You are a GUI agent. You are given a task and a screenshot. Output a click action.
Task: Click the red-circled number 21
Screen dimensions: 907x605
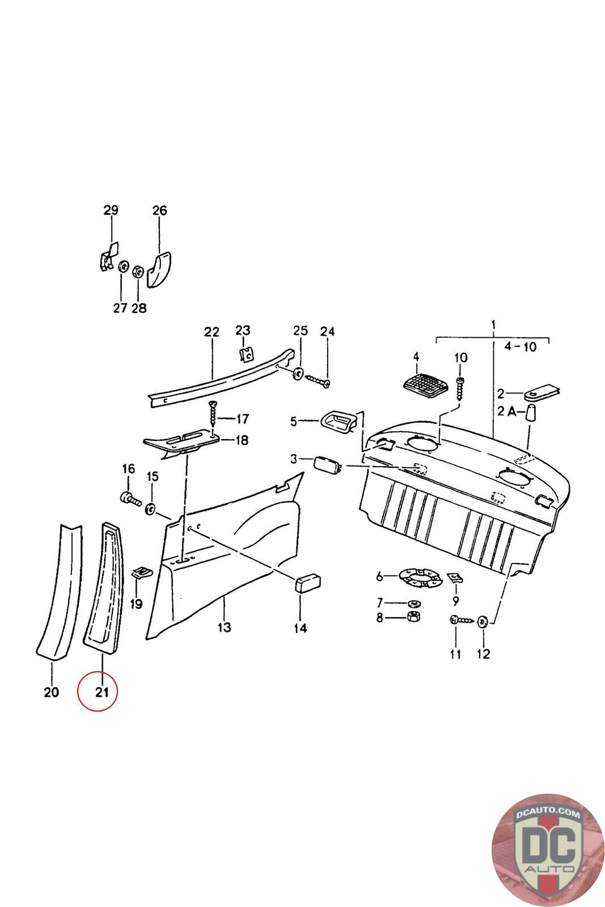[101, 692]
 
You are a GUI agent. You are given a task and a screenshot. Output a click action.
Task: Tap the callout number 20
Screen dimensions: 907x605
[51, 692]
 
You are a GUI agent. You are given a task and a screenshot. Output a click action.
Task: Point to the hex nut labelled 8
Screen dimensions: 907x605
[413, 617]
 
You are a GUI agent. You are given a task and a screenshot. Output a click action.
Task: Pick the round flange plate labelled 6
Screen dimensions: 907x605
[417, 578]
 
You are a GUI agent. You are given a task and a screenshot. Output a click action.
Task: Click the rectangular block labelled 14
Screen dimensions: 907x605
[307, 583]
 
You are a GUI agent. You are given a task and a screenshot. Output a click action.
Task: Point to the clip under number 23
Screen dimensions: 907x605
[246, 354]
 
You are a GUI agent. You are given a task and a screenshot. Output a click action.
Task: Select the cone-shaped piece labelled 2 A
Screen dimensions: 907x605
[531, 419]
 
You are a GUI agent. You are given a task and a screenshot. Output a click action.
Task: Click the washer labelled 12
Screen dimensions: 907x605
[483, 622]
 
